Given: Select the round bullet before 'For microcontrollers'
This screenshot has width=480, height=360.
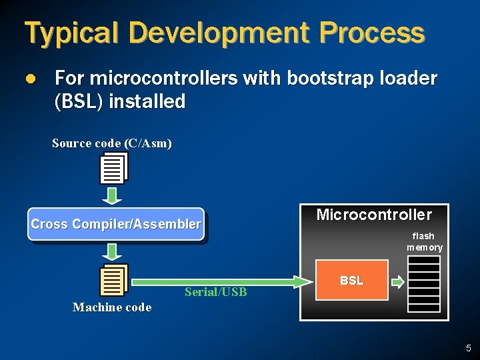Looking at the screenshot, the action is (29, 79).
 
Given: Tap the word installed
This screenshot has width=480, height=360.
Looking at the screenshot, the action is (147, 102).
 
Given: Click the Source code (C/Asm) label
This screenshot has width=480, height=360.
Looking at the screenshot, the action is (111, 143).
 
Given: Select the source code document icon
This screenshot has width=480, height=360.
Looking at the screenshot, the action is (113, 168).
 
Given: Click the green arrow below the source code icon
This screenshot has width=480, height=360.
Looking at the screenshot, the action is (113, 195).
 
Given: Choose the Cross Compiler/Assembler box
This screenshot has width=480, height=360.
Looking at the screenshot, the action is (115, 224).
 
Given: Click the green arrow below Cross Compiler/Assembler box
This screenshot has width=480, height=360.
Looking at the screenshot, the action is (113, 251).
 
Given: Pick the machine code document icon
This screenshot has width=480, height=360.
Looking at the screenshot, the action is (113, 280).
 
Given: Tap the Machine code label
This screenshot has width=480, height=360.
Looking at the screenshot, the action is (112, 307).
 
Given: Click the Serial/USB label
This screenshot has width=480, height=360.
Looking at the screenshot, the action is (215, 292).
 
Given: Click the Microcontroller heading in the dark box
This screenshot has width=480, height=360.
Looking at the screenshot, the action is (374, 215).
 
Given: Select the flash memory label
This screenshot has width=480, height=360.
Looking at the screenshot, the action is (424, 241).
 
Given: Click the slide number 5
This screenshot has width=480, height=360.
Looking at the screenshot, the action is (468, 347).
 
